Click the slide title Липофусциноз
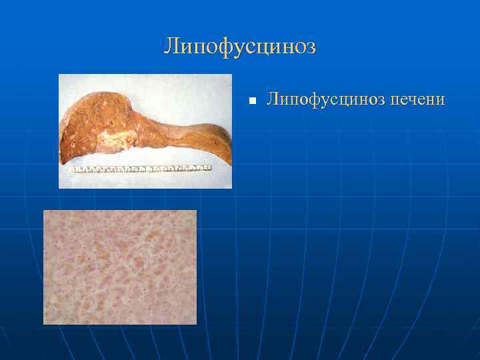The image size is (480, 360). click(x=240, y=47)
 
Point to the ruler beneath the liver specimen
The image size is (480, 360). click(x=140, y=169)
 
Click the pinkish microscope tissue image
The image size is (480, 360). click(x=120, y=267)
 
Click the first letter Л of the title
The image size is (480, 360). click(x=171, y=47)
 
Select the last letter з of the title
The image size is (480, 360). click(x=310, y=47)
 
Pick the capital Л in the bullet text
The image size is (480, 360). click(x=273, y=99)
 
